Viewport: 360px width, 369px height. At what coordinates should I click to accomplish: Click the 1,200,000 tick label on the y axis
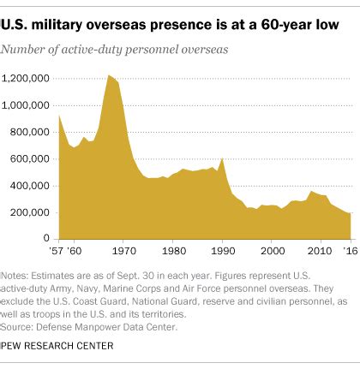tap(30, 78)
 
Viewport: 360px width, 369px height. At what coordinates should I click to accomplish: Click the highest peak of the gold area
tap(109, 76)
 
